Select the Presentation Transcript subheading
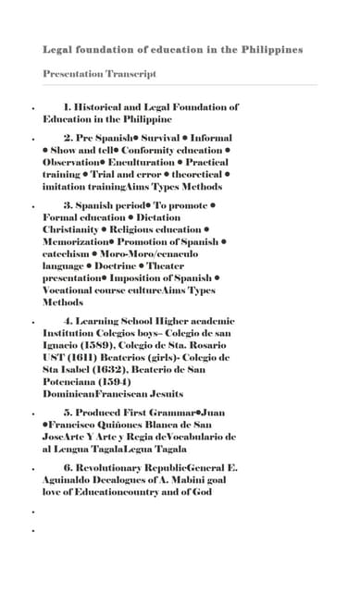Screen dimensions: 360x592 (x=99, y=73)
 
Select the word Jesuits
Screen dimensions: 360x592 (x=162, y=393)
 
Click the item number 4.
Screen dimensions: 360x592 (x=68, y=320)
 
